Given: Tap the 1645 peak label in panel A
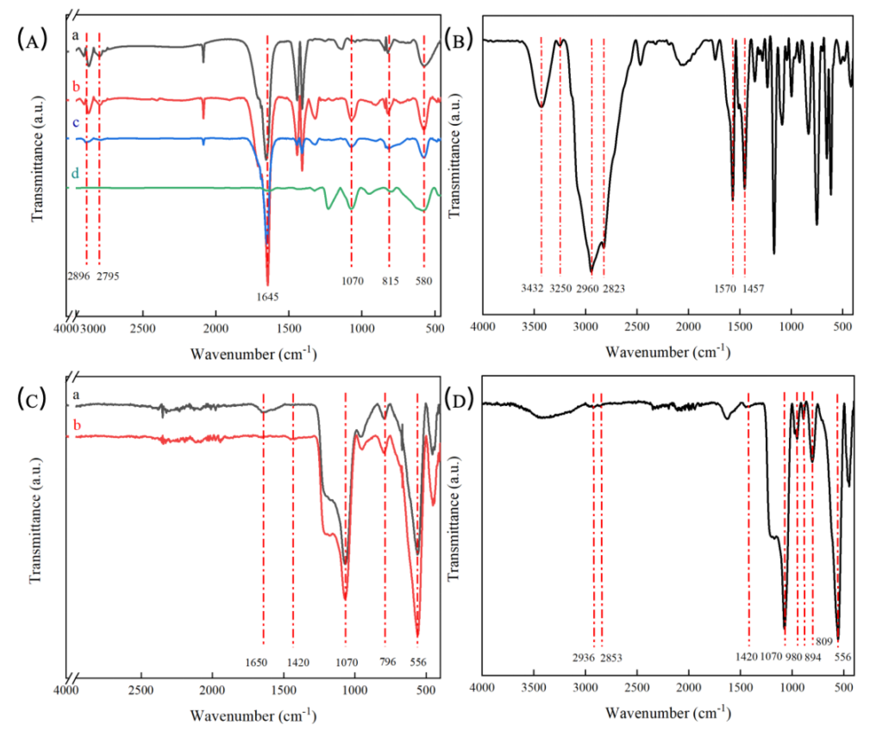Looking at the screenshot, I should click(267, 297).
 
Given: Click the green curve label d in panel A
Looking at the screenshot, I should click(75, 173).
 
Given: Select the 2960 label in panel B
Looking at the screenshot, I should click(587, 288).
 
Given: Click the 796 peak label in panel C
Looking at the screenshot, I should click(388, 662).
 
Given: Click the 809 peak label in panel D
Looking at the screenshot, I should click(824, 641).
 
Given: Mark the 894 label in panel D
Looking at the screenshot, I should click(813, 657).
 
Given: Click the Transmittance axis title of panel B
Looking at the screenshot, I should click(454, 156).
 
